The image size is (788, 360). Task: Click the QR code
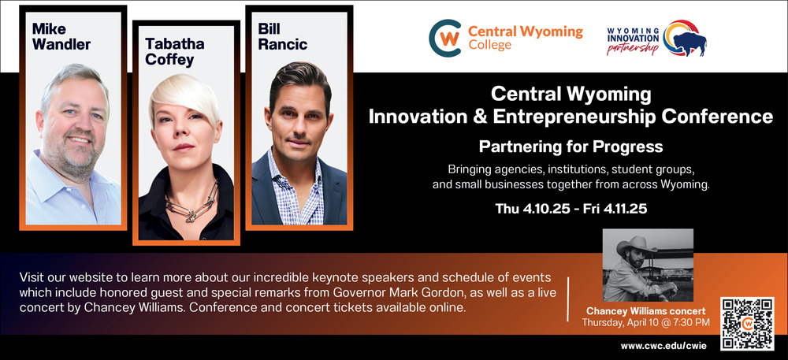[747, 324]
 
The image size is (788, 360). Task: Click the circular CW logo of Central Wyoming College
[444, 38]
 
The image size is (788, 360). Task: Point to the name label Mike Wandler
[61, 37]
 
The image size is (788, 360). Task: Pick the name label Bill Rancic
[282, 37]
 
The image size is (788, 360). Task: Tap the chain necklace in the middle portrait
[192, 202]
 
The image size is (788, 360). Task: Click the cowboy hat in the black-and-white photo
[637, 244]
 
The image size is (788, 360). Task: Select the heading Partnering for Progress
[571, 147]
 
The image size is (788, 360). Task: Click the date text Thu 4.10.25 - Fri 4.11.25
[571, 209]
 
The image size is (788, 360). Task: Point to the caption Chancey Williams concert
[646, 311]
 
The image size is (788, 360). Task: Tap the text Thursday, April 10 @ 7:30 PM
[646, 323]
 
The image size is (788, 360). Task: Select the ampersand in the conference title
[479, 116]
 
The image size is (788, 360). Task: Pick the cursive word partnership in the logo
[632, 48]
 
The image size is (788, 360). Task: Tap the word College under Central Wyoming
[489, 45]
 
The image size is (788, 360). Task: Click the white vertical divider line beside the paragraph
[568, 299]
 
